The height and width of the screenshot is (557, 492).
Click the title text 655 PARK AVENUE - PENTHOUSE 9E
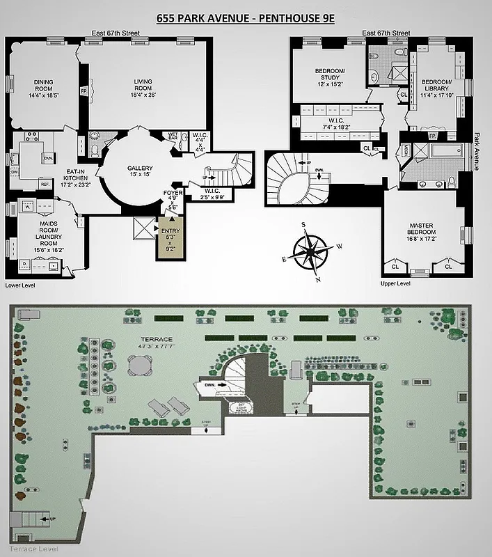246,16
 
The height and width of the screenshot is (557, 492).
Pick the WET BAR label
173,136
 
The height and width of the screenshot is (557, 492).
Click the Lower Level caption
19,285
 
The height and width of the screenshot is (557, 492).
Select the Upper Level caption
395,283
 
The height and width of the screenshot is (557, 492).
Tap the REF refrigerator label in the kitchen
45,184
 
